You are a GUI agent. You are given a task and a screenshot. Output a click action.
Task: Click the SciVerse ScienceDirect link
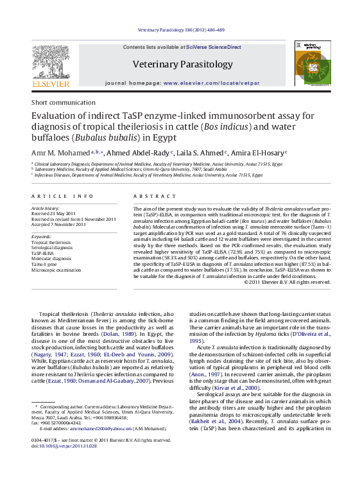point(214,47)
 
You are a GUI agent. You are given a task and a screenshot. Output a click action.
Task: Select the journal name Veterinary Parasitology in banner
point(182,64)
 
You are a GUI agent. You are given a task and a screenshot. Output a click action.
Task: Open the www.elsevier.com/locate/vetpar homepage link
point(211,83)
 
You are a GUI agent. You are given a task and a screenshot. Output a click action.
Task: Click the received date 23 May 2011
point(60,214)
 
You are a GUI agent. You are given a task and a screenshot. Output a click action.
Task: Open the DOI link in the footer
point(67,446)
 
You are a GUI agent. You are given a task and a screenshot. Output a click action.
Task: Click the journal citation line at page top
point(181,30)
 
